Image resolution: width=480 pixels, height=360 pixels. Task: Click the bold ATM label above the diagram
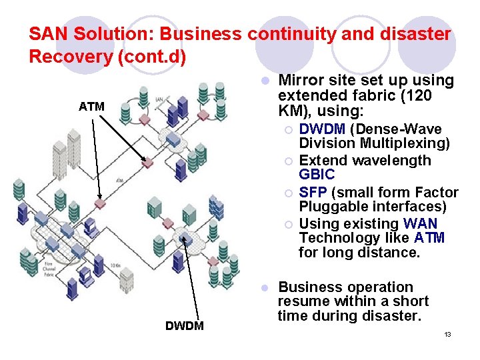tap(91, 106)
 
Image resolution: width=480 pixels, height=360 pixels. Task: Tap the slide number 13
tap(447, 334)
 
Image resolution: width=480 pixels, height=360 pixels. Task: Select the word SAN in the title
tap(45, 33)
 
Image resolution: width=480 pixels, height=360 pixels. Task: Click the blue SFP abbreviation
tap(312, 193)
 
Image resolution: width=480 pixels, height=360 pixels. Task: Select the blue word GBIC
tap(317, 175)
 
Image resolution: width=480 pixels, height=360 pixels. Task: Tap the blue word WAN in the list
tap(421, 223)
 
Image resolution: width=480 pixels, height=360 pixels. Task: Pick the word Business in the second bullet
tap(311, 287)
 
